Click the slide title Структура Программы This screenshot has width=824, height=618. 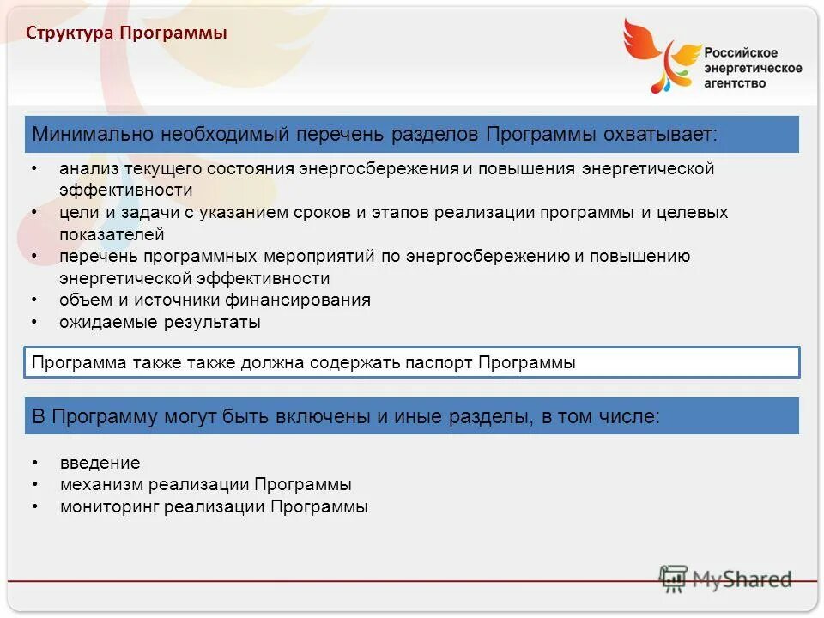point(126,34)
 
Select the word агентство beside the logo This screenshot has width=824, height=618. point(735,82)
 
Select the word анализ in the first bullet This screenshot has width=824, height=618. point(82,168)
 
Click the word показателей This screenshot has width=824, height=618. point(112,234)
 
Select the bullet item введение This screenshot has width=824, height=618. point(100,463)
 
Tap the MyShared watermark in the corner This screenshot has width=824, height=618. point(725,579)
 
